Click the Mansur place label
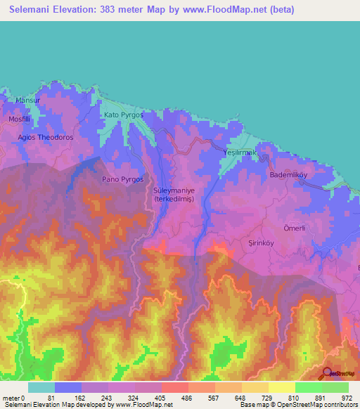tap(28, 100)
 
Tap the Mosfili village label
tap(20, 119)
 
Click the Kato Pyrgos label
tap(123, 114)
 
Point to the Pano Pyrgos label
tap(123, 179)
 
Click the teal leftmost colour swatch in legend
tap(41, 387)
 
